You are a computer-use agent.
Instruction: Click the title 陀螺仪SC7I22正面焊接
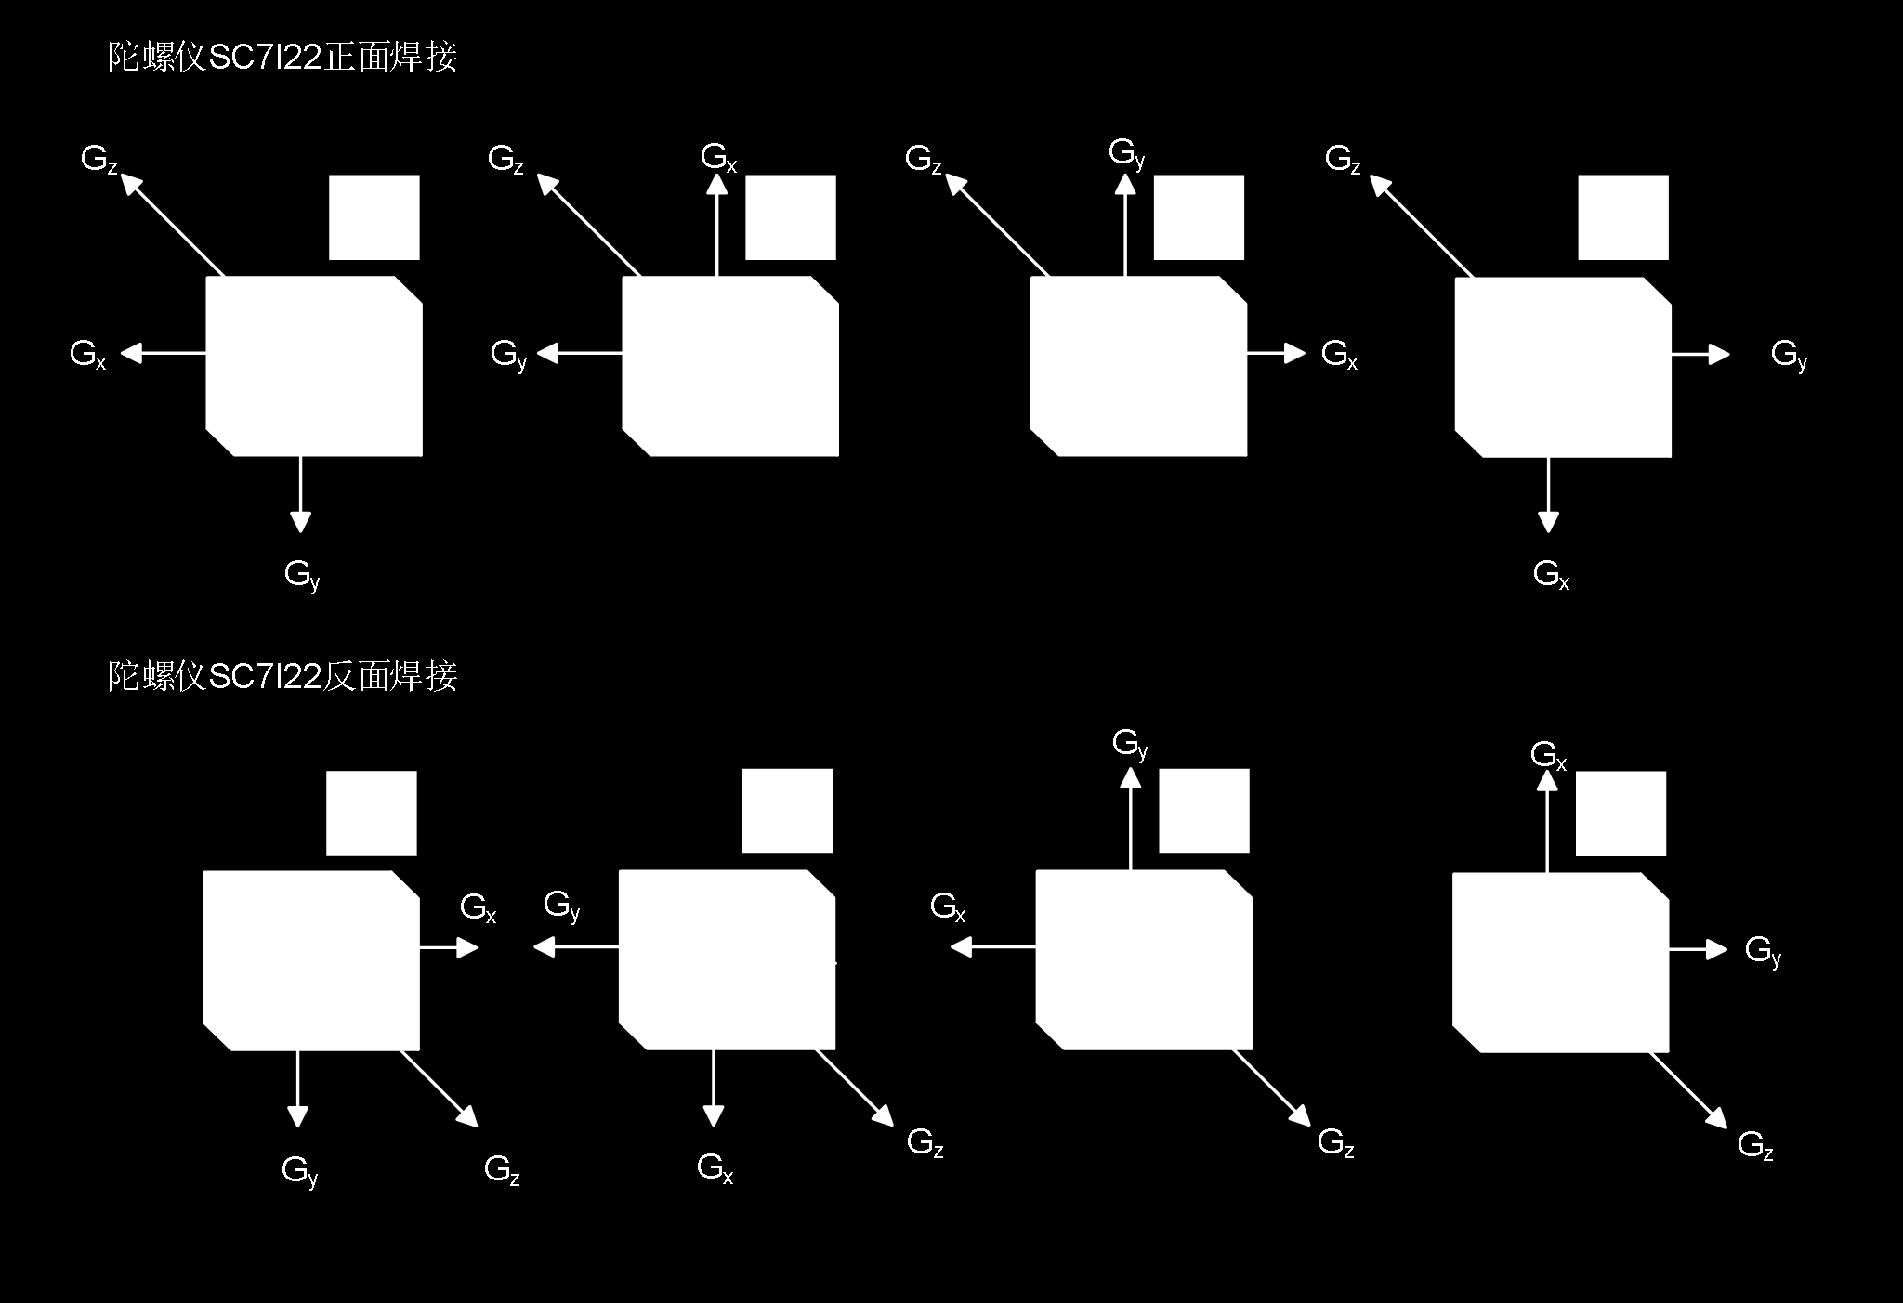pos(282,59)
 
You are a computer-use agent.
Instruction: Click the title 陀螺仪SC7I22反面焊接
pos(282,677)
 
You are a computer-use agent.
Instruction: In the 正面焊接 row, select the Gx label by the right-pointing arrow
pos(1339,355)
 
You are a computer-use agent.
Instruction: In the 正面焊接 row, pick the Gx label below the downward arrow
pos(1551,574)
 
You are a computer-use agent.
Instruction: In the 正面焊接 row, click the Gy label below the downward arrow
pos(302,574)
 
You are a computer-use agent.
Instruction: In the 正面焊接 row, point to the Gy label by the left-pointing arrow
pos(508,355)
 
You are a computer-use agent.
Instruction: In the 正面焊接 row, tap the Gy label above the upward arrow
pos(1126,153)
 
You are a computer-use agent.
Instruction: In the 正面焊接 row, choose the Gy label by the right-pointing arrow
pos(1789,355)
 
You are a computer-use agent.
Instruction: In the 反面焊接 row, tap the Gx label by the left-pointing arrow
pos(948,907)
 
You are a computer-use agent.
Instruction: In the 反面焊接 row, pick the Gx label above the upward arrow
pos(1548,755)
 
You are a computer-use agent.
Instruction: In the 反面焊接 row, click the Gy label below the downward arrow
pos(299,1170)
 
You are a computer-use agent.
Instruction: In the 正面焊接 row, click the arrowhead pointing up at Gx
pos(716,184)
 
